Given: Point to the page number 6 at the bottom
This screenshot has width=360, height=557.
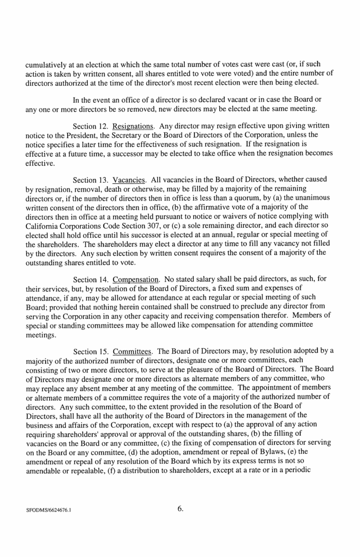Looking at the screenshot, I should [x=181, y=509].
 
